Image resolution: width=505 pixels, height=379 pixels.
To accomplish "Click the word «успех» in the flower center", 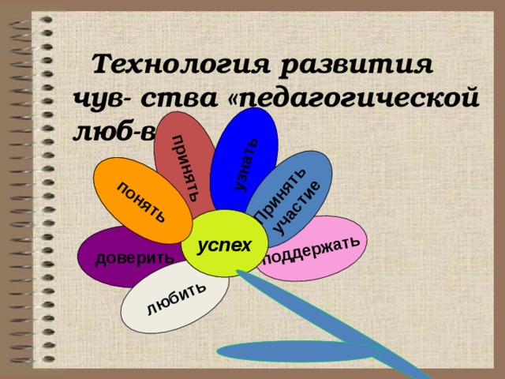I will pyautogui.click(x=224, y=245).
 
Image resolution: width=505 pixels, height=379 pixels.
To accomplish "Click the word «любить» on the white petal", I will pyautogui.click(x=177, y=297).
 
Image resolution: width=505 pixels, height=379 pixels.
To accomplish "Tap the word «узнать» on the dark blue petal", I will pyautogui.click(x=247, y=163).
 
